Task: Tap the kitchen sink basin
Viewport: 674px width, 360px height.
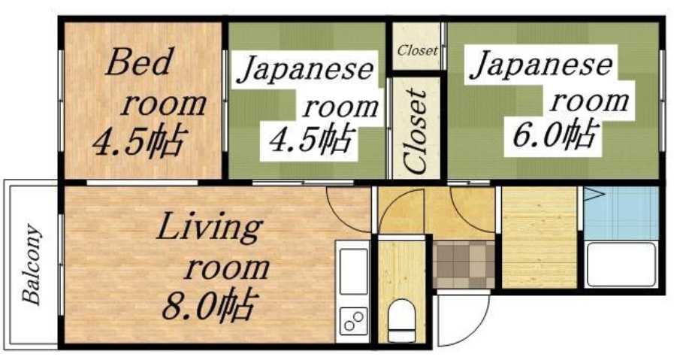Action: coord(353,271)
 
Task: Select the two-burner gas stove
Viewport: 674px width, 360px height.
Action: coord(353,321)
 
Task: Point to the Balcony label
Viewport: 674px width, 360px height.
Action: coord(32,264)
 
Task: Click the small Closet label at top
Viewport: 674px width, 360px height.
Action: coord(417,51)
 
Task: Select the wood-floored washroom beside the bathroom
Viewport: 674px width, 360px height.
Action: coord(538,237)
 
